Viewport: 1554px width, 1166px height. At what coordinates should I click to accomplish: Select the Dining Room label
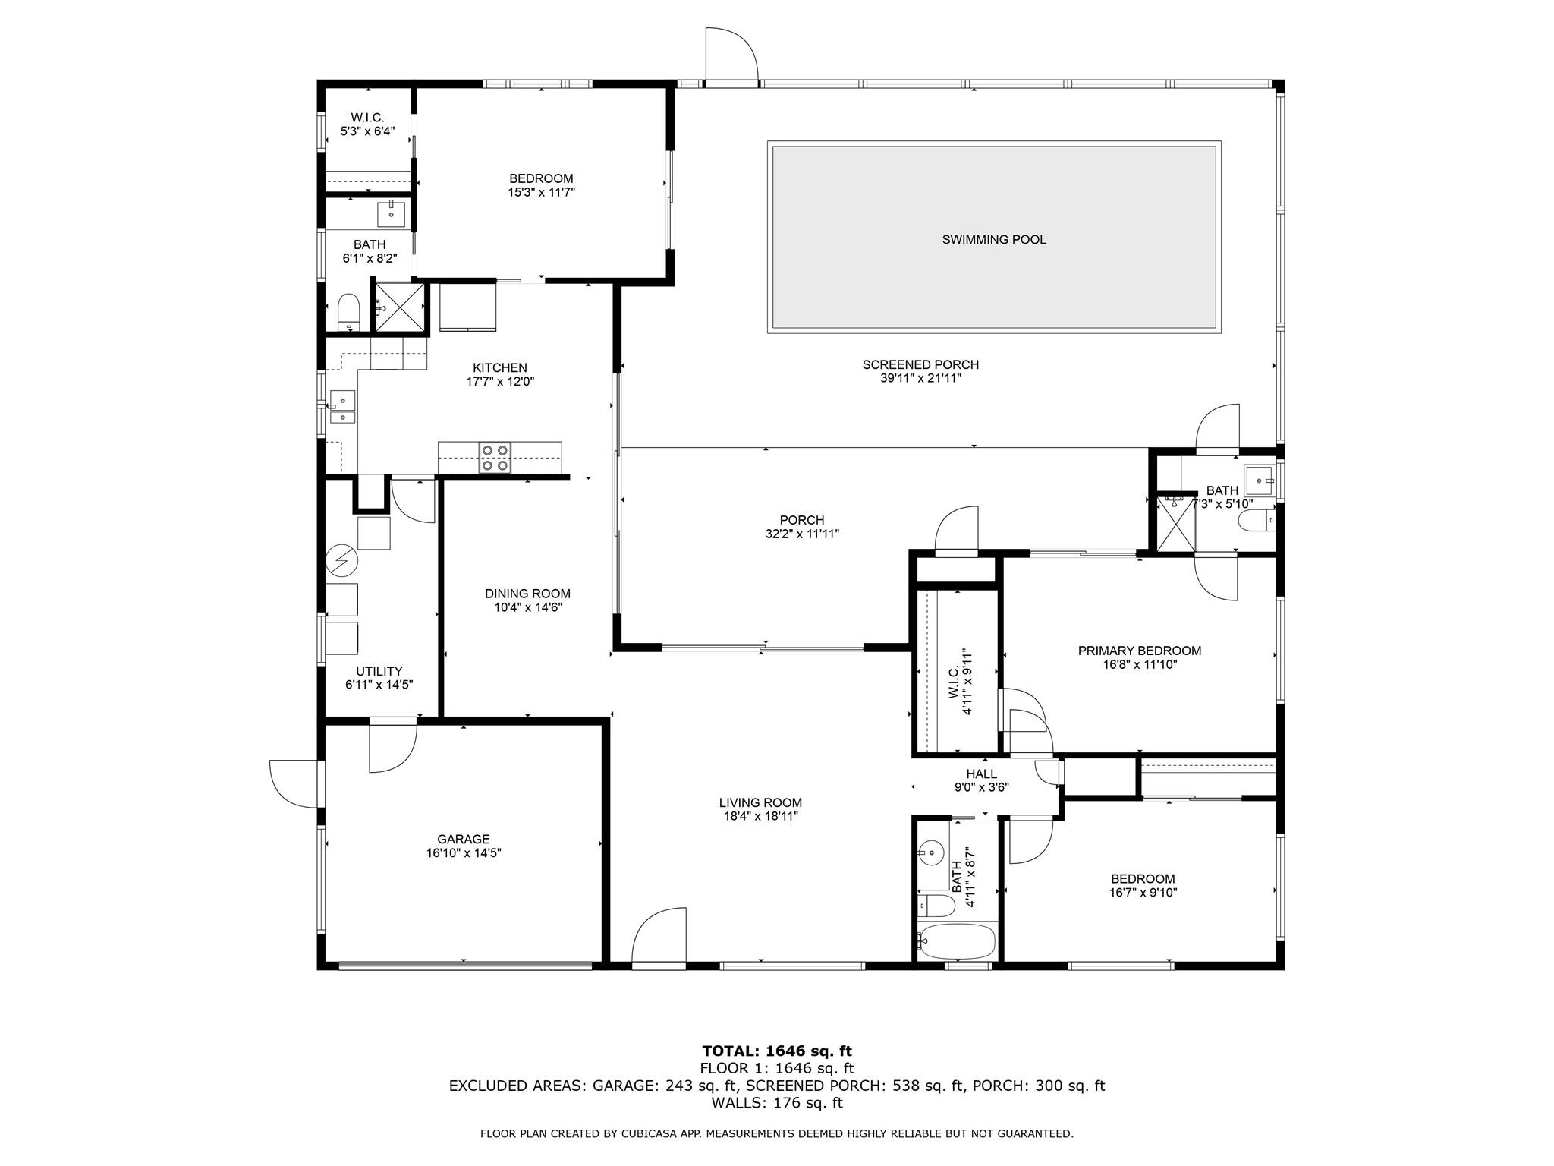coord(527,594)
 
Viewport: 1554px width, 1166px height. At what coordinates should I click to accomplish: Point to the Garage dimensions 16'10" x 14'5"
coord(464,852)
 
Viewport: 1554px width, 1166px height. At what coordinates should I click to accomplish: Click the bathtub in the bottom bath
coord(957,942)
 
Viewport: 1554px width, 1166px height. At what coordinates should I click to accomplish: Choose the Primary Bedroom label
coord(1140,651)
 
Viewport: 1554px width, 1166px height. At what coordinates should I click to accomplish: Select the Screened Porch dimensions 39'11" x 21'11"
coord(920,378)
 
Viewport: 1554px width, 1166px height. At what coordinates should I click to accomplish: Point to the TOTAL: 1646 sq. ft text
coord(777,1051)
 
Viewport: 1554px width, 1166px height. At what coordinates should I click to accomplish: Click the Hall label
coord(981,774)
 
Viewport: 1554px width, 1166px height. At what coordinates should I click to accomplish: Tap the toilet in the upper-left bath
coord(348,312)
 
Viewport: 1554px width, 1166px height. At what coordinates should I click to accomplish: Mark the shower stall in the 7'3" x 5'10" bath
coord(1175,523)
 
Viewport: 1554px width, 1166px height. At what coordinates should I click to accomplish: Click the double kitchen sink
coord(342,408)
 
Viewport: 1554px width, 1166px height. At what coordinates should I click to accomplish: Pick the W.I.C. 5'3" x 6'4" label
coord(367,124)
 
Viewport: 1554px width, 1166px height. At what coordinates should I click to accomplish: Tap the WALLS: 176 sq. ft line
coord(777,1103)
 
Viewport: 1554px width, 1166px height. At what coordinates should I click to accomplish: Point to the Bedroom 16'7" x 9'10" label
coord(1143,886)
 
